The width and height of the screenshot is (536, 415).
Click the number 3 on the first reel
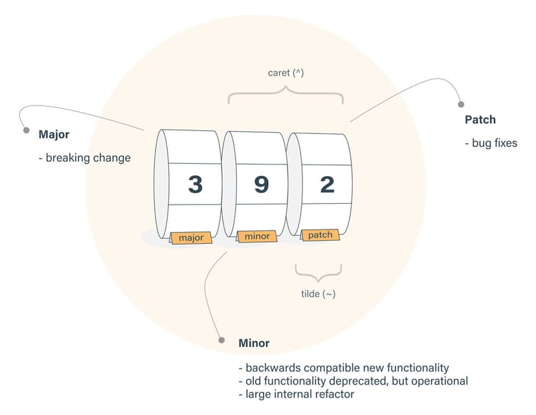point(195,185)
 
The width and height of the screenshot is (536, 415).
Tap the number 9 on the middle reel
point(261,185)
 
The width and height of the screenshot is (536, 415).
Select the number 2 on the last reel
point(327,185)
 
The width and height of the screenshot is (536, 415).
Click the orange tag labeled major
point(191,238)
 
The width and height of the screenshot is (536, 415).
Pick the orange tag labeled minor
point(257,236)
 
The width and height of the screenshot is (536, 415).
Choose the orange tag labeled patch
point(320,234)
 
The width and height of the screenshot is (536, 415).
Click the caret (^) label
point(285,73)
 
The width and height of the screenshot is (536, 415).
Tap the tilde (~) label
point(318,293)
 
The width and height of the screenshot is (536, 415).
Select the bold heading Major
point(54,135)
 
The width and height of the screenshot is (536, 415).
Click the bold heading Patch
point(480,120)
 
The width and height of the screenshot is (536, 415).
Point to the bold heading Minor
point(254,342)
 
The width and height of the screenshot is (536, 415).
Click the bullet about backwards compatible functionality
point(343,368)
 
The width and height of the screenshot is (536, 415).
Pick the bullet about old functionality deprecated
point(353,381)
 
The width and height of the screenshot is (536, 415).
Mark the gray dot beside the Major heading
point(27,130)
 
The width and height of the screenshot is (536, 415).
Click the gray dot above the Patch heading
point(461,104)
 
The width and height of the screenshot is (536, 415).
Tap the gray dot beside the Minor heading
point(221,340)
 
